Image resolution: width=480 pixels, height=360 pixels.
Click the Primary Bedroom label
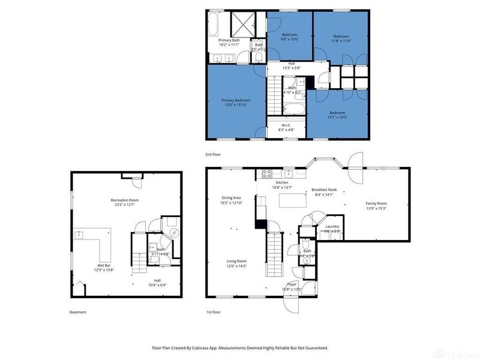pyautogui.click(x=235, y=100)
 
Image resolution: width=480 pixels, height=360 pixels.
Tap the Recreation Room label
pyautogui.click(x=125, y=200)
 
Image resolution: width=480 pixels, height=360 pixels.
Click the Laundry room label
pyautogui.click(x=332, y=226)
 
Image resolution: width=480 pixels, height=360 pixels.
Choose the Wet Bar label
pyautogui.click(x=104, y=265)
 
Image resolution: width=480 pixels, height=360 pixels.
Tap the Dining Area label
pyautogui.click(x=231, y=197)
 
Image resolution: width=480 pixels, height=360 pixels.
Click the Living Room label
pyautogui.click(x=236, y=261)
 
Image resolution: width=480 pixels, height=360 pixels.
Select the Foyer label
pyautogui.click(x=292, y=284)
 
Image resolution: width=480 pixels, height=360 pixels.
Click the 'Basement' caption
pyautogui.click(x=78, y=312)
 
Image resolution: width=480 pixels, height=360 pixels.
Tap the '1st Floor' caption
pyautogui.click(x=213, y=312)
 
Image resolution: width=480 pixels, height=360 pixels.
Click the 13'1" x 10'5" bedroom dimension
pyautogui.click(x=337, y=117)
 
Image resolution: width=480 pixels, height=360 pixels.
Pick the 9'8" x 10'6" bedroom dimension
pyautogui.click(x=289, y=40)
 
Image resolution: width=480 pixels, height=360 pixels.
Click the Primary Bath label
pyautogui.click(x=229, y=40)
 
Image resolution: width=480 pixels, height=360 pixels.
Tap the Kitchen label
pyautogui.click(x=282, y=182)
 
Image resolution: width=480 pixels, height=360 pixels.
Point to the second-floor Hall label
pyautogui.click(x=292, y=63)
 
